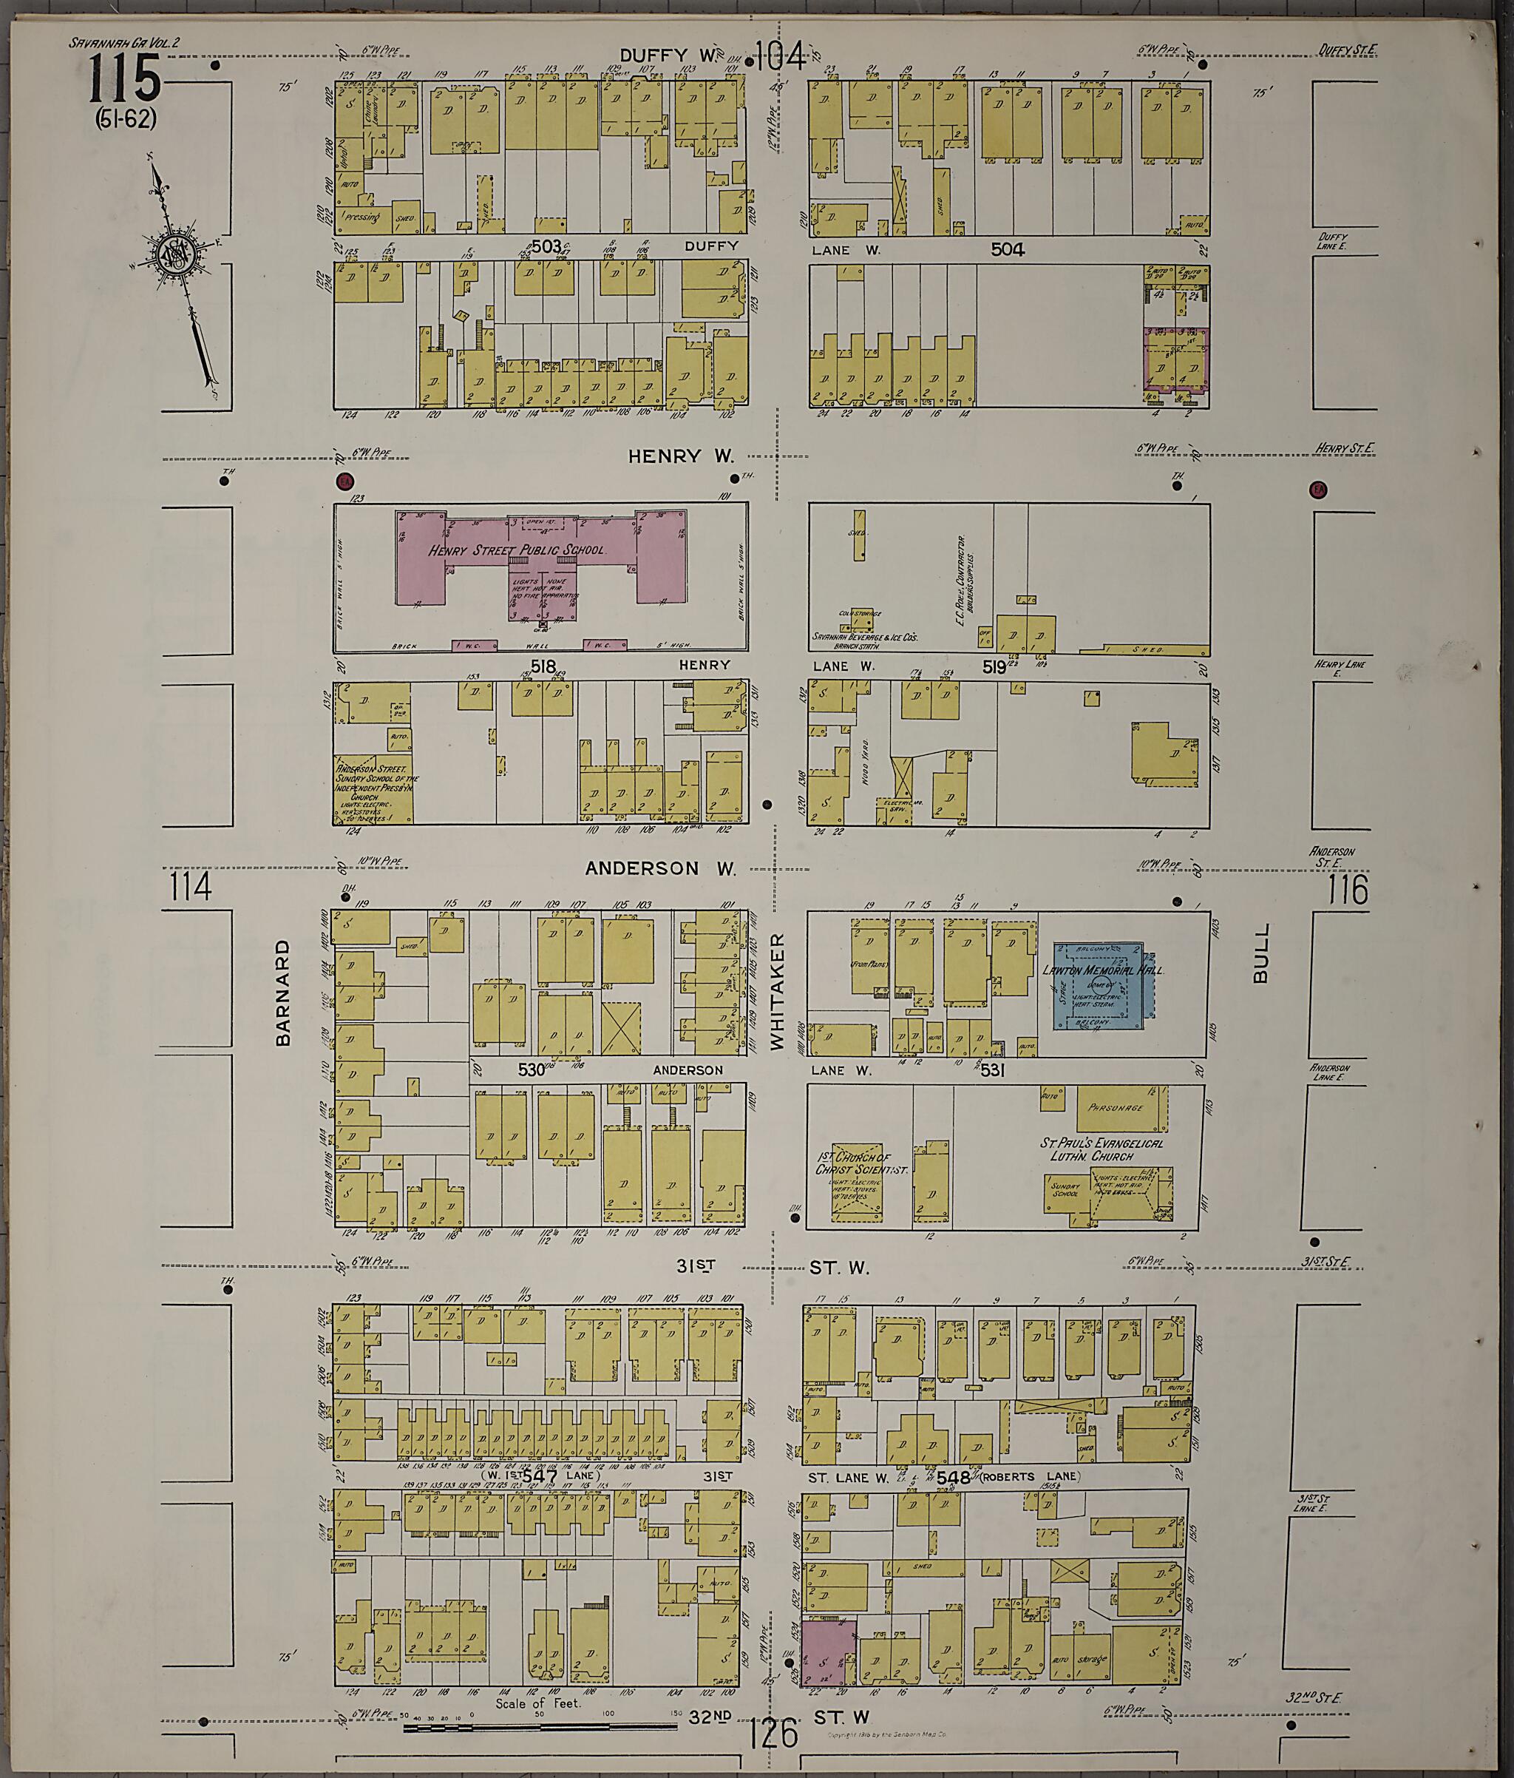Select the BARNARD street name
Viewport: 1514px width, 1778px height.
click(x=283, y=992)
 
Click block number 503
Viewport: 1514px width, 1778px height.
click(x=546, y=246)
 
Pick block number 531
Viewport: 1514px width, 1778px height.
click(x=993, y=1070)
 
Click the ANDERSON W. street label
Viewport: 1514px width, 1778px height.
click(x=660, y=868)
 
